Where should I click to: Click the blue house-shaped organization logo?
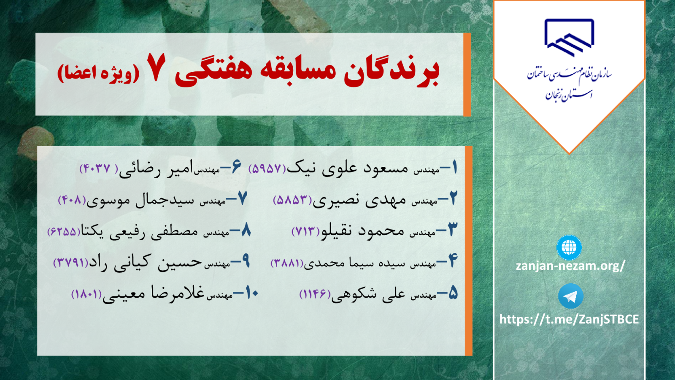(x=569, y=38)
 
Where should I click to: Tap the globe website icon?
(x=569, y=247)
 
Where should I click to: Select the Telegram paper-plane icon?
(x=570, y=296)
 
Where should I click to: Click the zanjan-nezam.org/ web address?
(x=570, y=266)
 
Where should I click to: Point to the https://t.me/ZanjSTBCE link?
(x=569, y=319)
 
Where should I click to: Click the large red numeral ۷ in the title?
(x=156, y=67)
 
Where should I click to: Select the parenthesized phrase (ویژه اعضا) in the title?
(x=99, y=73)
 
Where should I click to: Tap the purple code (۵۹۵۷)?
(x=267, y=168)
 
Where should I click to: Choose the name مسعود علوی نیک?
(x=347, y=168)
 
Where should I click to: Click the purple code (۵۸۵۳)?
(x=292, y=200)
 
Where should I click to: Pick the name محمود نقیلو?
(x=362, y=231)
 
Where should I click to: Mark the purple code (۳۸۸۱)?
(x=287, y=263)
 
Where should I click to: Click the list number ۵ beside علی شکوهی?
(x=453, y=293)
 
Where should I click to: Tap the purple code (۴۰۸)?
(x=72, y=200)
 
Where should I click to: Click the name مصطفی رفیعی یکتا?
(x=139, y=232)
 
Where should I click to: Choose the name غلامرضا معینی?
(x=154, y=293)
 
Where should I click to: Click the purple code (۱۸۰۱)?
(x=87, y=294)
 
